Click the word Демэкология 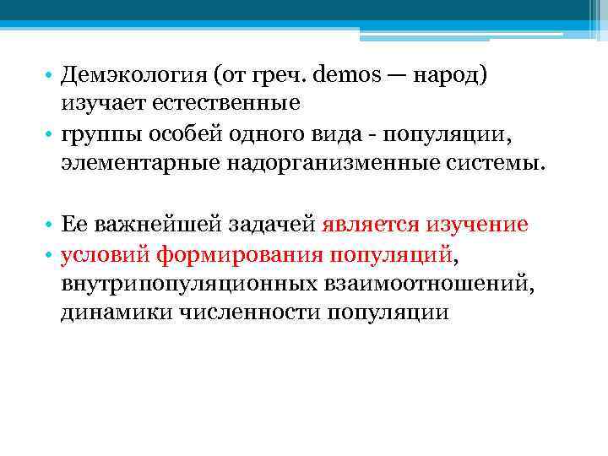point(133,78)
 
